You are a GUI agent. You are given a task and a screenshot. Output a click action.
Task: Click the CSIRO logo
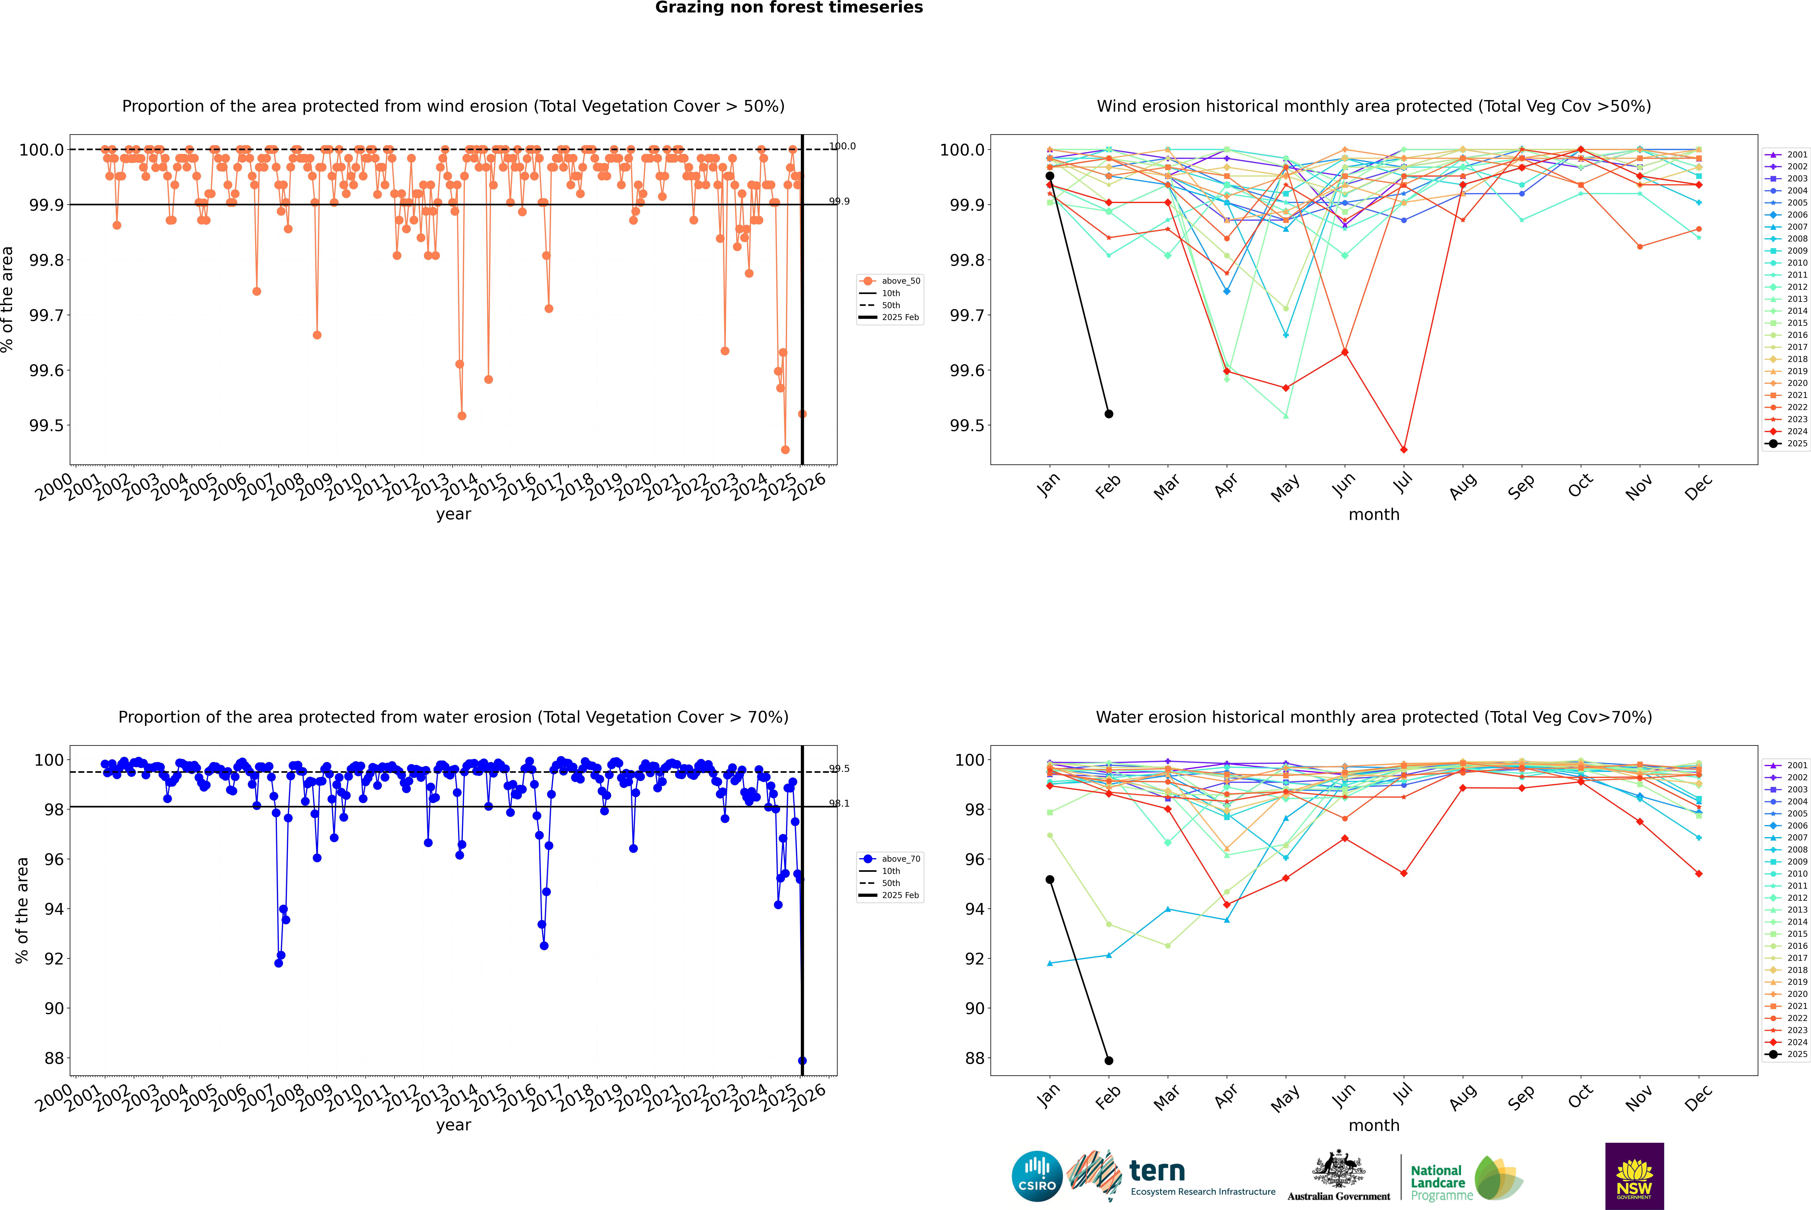(1037, 1176)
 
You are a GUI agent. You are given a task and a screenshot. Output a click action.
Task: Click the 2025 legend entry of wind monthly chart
(1787, 444)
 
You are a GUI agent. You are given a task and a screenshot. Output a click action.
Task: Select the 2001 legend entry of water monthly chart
(1787, 765)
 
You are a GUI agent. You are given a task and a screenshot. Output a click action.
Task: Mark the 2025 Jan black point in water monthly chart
(1050, 880)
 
